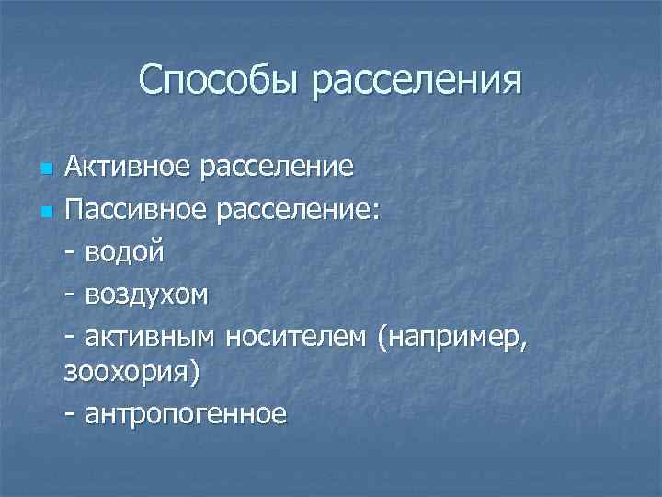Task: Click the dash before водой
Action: [72, 254]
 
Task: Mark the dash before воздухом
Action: [72, 295]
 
